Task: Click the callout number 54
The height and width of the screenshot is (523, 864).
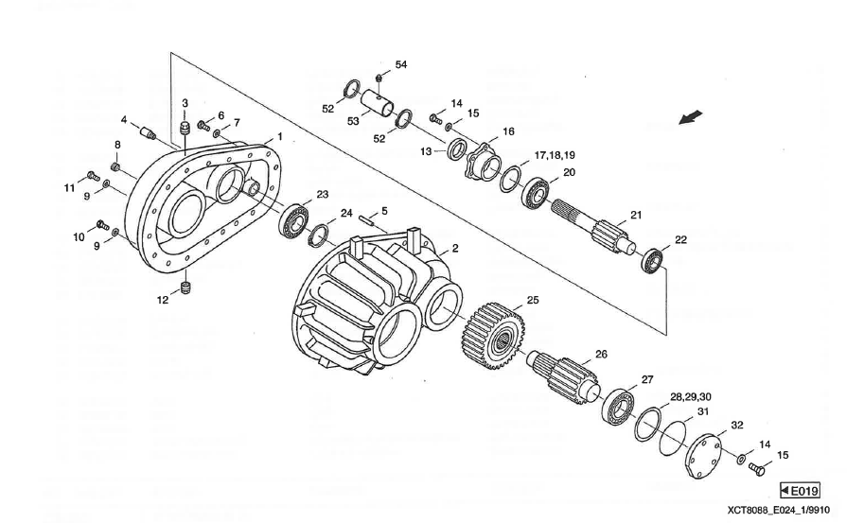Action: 401,64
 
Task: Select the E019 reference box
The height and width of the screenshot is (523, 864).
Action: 800,490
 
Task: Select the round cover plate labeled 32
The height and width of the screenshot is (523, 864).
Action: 703,451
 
